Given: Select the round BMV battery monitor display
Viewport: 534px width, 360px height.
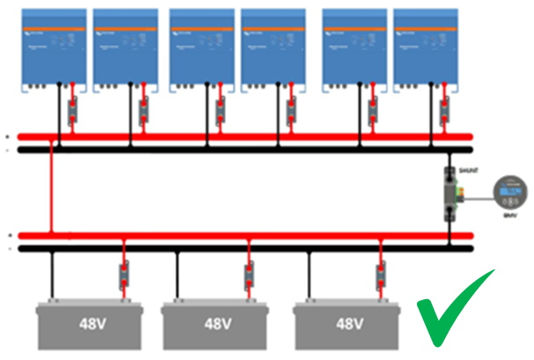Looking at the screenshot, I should (509, 187).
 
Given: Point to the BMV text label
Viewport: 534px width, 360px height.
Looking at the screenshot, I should (509, 214).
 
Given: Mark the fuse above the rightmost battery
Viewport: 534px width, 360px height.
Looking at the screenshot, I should (380, 275).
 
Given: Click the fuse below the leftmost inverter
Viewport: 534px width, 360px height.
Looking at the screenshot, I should (70, 109).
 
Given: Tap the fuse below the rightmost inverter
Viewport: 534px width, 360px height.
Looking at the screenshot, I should (445, 109).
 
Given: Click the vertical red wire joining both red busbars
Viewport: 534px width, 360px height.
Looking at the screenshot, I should (53, 189).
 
